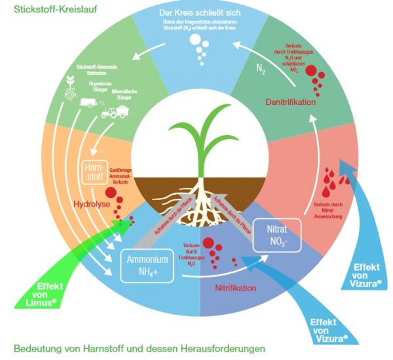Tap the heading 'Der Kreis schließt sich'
(x=195, y=13)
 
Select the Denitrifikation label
(x=291, y=102)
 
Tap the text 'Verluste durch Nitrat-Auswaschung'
(x=327, y=210)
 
